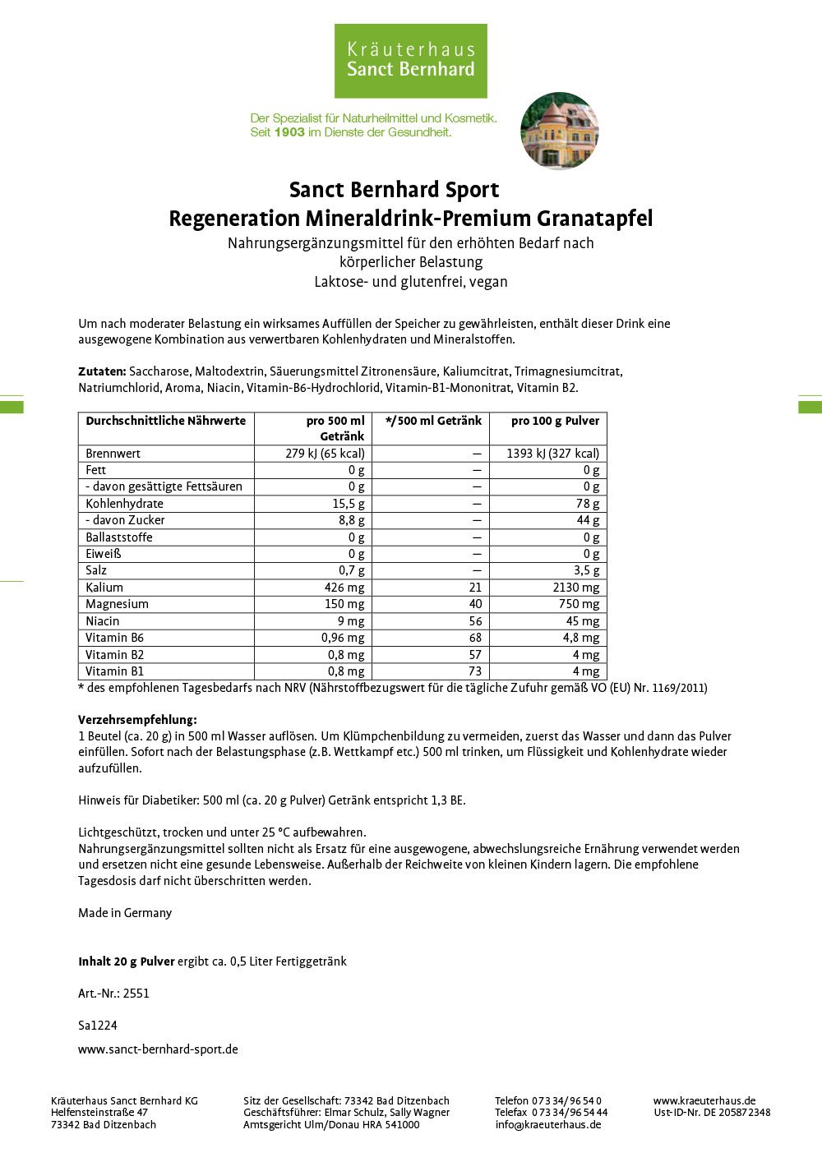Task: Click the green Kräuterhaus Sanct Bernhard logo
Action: click(410, 61)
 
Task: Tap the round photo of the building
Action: click(559, 131)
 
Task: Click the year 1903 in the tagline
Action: click(289, 132)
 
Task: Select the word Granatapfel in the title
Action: click(594, 219)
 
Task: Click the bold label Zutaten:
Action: click(102, 371)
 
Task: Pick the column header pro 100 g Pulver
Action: click(555, 421)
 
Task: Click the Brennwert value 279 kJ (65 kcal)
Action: click(325, 454)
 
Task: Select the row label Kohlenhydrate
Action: click(124, 504)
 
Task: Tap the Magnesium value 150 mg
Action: click(344, 604)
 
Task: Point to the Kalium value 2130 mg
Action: click(575, 588)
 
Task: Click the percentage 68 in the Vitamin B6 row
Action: click(475, 638)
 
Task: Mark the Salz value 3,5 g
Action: click(585, 570)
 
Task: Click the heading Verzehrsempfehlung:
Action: click(137, 720)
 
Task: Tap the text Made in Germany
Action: click(125, 913)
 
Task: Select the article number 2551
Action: click(136, 994)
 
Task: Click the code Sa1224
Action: click(98, 1026)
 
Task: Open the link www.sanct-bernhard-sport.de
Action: click(158, 1049)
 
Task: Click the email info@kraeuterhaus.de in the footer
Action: click(547, 1125)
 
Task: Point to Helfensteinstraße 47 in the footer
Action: click(99, 1113)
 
